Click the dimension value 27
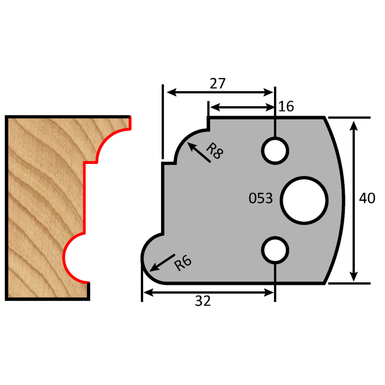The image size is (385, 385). (218, 84)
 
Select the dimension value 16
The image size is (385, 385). (286, 106)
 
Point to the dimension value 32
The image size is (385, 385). (203, 301)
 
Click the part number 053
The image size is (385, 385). (261, 199)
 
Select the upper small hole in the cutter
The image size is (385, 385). (274, 150)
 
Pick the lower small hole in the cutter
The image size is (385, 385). (274, 250)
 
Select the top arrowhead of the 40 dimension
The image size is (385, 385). (354, 124)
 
